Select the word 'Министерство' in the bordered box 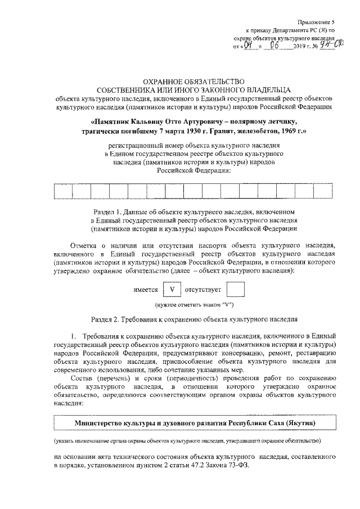click(x=101, y=422)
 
